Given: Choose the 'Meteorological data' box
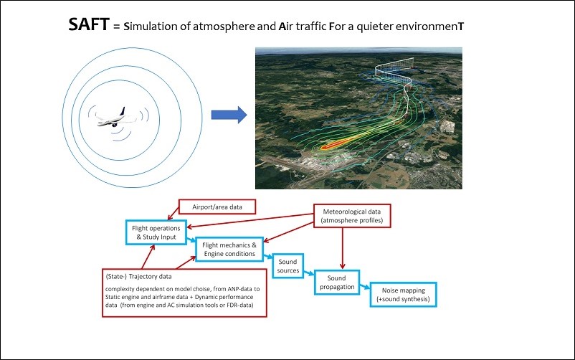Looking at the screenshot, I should coord(351,216).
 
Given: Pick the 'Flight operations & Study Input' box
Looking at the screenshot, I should coord(155,231).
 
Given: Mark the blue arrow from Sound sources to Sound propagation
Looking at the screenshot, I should coord(308,273).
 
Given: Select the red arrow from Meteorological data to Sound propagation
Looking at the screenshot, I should coord(343,247).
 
